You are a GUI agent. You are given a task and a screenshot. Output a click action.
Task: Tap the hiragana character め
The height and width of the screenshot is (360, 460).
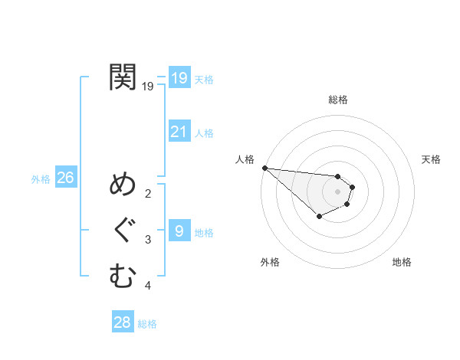coord(123,185)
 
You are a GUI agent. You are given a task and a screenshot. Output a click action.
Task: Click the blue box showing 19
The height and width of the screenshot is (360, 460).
coord(179,77)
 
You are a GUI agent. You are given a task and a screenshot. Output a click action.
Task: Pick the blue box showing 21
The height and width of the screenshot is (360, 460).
coord(179,132)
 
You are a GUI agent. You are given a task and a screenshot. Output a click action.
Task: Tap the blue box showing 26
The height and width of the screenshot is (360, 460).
coord(65,178)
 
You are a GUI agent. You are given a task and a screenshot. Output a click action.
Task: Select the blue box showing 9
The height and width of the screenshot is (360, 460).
coord(179,231)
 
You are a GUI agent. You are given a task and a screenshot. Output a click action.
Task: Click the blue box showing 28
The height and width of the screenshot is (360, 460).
coord(123,322)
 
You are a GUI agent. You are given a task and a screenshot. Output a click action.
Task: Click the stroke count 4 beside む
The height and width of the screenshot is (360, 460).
coord(148,286)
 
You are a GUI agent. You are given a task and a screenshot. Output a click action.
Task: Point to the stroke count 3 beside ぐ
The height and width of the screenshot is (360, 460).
coord(148,240)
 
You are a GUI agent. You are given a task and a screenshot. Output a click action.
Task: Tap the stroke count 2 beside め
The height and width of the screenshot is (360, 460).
coord(148,193)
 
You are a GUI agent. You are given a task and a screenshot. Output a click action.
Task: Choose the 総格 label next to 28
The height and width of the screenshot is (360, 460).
coord(147,324)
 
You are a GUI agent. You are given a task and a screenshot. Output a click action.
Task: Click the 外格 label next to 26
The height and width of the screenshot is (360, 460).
coord(41,179)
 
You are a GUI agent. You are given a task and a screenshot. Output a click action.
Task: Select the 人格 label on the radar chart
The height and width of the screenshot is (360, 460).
coord(245,159)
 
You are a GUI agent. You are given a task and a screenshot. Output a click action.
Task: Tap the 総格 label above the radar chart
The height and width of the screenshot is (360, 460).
coord(337,100)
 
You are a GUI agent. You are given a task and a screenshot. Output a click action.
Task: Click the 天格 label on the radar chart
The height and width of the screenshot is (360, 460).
coord(432,159)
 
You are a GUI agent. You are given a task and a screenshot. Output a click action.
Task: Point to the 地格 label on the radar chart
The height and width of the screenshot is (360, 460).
coord(402,262)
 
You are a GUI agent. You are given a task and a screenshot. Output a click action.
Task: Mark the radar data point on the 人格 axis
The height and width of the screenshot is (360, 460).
coord(264,168)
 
